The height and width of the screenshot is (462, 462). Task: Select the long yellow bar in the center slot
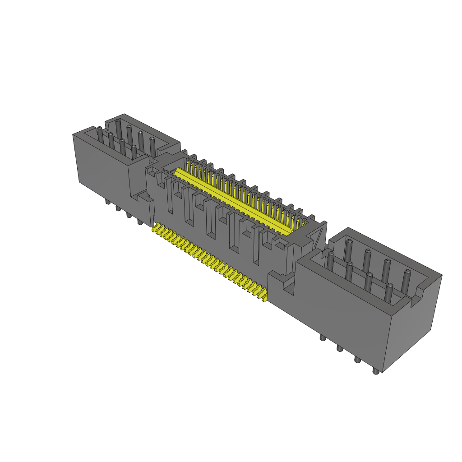point(232,201)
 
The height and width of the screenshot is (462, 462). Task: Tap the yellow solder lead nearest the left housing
point(157,229)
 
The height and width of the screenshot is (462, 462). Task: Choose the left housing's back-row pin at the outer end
point(118,128)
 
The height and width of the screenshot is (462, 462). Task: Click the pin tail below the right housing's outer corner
point(375,371)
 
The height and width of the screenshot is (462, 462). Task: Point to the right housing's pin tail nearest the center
point(322,337)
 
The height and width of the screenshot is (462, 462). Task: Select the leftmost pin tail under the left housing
point(107,202)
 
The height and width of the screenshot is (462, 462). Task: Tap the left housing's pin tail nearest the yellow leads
point(139,222)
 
